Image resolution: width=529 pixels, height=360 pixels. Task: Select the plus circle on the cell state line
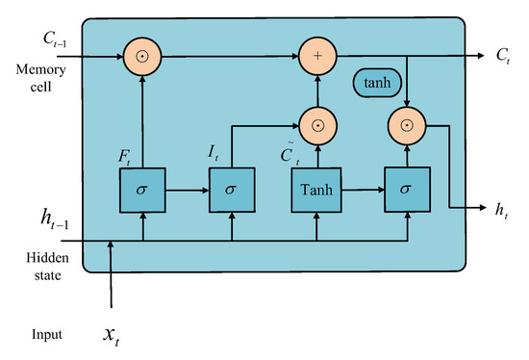316,55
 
